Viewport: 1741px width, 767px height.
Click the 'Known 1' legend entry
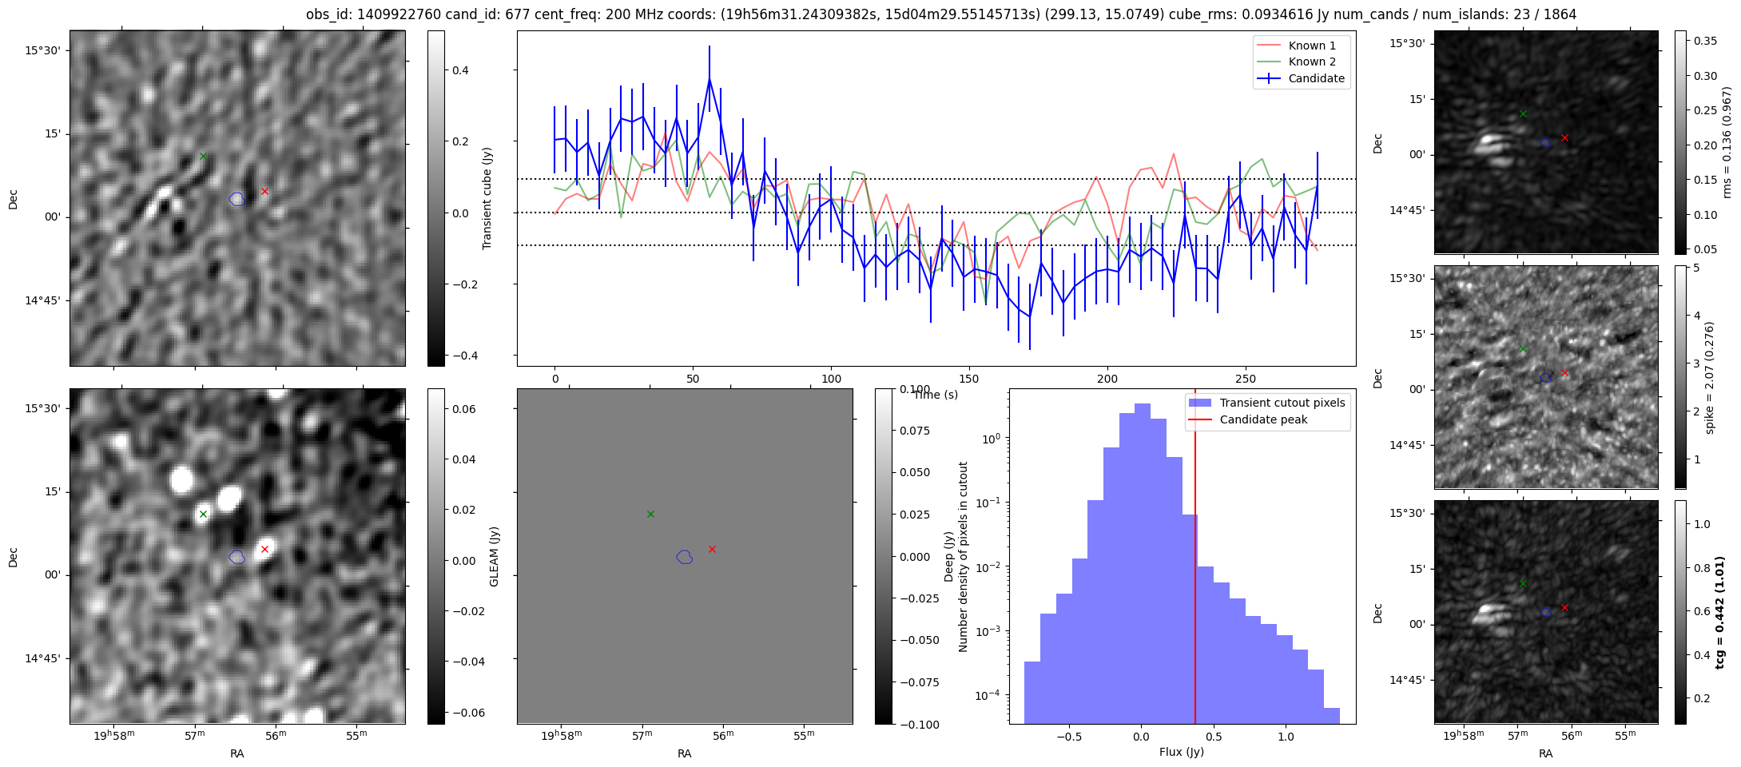(x=1312, y=46)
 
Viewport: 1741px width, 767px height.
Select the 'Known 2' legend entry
(x=1312, y=62)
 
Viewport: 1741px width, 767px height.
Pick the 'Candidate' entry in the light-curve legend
(x=1316, y=78)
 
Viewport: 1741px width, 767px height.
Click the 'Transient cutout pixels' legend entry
(x=1282, y=403)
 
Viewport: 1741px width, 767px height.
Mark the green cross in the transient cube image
(x=203, y=156)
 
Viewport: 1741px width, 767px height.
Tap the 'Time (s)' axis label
(x=936, y=395)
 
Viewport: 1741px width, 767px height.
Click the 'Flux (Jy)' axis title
(x=1181, y=752)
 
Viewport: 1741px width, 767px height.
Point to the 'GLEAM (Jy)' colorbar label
(x=494, y=556)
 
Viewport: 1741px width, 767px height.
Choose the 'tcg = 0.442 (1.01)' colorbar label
(x=1720, y=612)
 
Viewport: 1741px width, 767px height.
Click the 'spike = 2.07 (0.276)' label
(x=1709, y=377)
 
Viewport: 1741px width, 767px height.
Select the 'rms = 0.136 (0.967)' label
(x=1727, y=142)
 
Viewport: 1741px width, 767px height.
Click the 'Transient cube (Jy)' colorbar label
(x=487, y=198)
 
